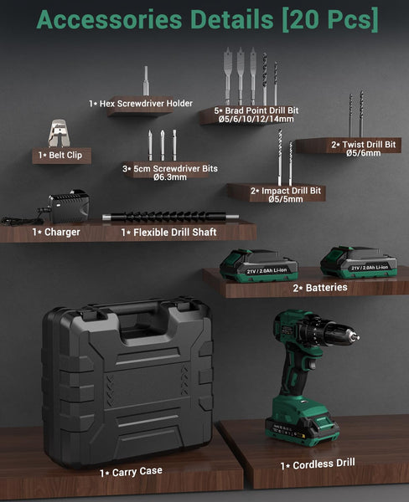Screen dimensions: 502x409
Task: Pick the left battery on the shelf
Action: (x=258, y=265)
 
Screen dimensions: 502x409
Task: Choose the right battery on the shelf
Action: (x=359, y=262)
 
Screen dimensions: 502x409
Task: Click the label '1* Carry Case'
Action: (x=131, y=472)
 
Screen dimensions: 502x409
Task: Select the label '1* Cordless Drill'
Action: (x=318, y=463)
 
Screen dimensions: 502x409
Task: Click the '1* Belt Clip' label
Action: (x=63, y=156)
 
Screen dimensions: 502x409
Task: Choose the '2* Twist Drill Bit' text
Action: (x=355, y=144)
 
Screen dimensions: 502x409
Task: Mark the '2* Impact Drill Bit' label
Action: (x=285, y=191)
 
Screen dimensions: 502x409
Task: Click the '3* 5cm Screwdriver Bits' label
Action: (x=170, y=168)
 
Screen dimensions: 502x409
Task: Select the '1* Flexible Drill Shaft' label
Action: (x=168, y=232)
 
